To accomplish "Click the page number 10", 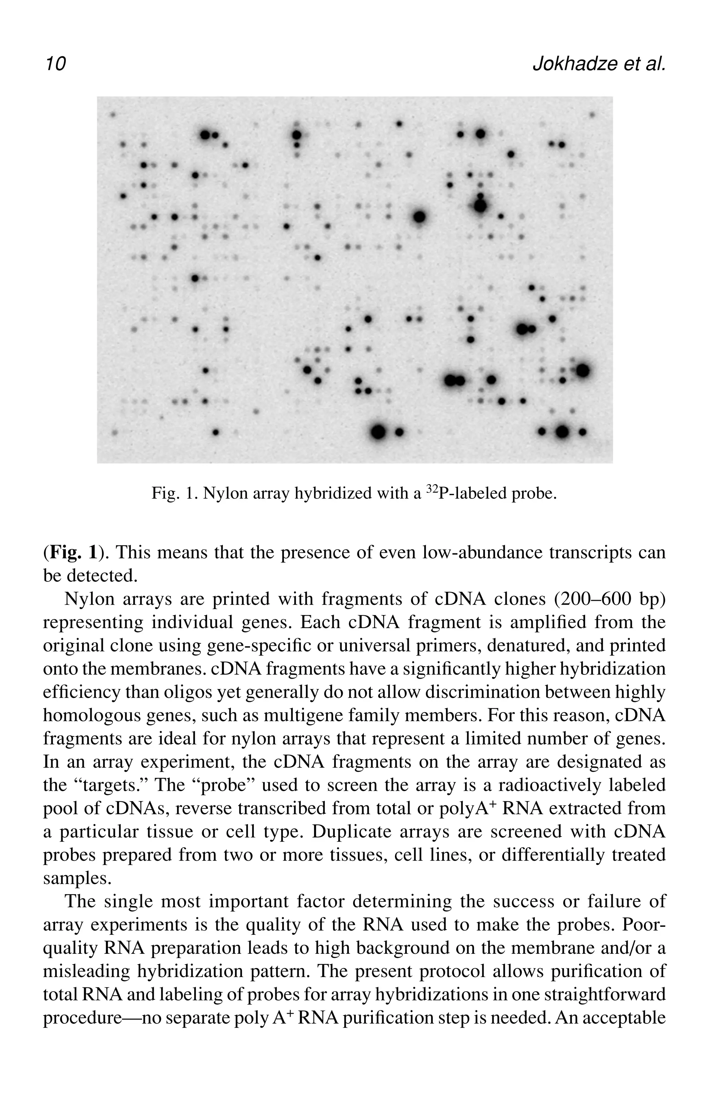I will coord(55,63).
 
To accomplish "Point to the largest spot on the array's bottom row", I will coord(378,432).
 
